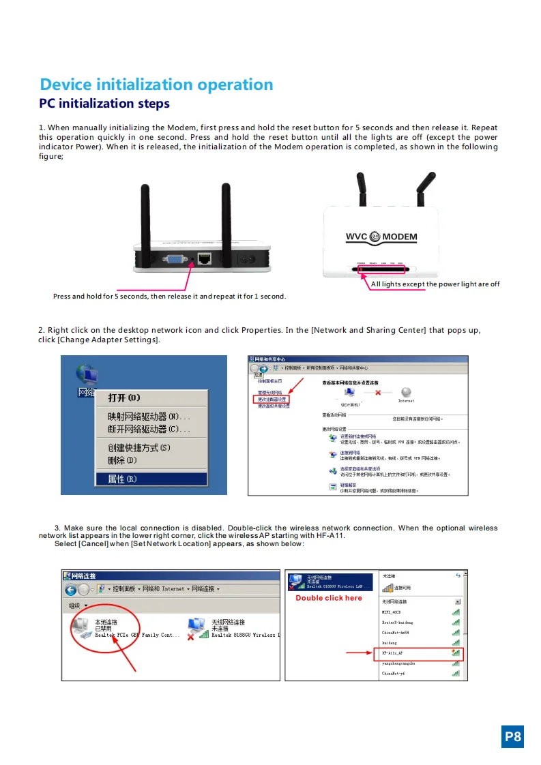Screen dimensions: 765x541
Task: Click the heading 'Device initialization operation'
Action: point(156,85)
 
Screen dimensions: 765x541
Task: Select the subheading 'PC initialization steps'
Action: point(104,104)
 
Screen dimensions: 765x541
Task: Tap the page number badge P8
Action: point(512,736)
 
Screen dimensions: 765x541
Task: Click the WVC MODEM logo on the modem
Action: point(381,237)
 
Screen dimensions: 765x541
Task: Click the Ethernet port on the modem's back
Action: point(203,258)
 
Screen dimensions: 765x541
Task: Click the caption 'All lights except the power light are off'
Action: point(435,284)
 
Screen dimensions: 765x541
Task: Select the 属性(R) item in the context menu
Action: point(123,479)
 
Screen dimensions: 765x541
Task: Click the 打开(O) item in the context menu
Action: point(124,397)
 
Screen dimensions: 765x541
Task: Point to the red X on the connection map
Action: point(377,392)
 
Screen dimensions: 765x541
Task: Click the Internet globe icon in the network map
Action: point(406,392)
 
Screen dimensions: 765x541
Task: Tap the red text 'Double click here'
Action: point(328,598)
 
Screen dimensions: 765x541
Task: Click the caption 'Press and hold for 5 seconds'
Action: point(169,297)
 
